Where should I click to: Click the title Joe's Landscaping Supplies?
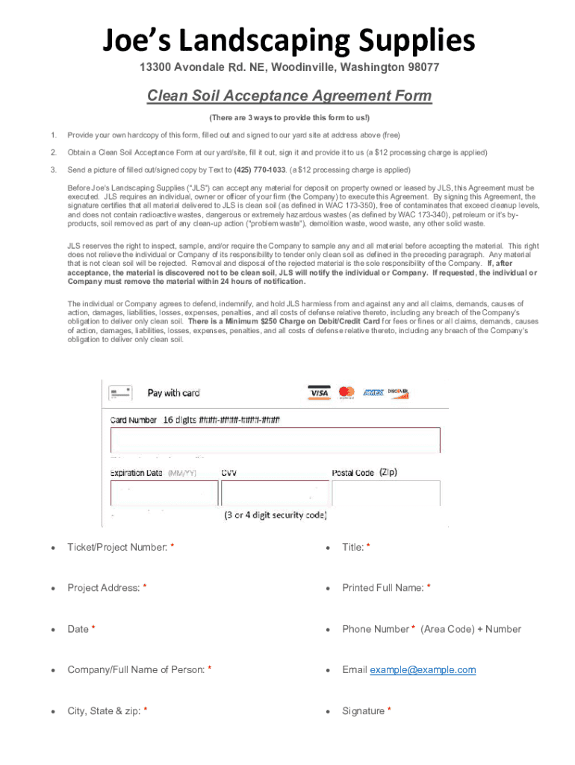coord(288,40)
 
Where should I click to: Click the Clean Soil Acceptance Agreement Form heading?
coord(289,96)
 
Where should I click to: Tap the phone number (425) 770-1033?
coord(261,170)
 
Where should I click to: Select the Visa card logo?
coord(319,392)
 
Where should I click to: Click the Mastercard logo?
coord(346,392)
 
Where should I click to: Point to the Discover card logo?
coord(398,393)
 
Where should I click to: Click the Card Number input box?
coord(276,440)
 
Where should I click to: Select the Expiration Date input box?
coord(164,493)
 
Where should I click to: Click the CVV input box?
coord(275,493)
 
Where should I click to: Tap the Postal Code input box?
coord(386,493)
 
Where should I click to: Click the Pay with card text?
coord(173,393)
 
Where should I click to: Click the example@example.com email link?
coord(423,670)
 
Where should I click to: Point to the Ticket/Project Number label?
coord(117,548)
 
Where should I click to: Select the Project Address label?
coord(104,588)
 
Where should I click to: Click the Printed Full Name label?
coord(383,588)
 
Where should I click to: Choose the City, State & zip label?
coord(104,711)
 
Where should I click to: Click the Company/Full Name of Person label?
coord(136,670)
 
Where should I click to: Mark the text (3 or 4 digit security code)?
coord(276,515)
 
